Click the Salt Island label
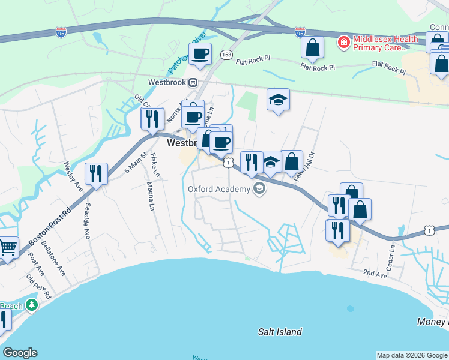point(279,331)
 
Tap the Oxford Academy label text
point(218,190)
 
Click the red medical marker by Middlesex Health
point(343,42)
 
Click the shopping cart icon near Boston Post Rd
point(7,247)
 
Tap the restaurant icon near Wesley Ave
point(96,173)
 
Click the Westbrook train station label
point(169,82)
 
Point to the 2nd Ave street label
point(375,274)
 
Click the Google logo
point(20,353)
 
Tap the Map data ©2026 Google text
point(411,355)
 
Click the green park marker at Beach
point(31,305)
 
